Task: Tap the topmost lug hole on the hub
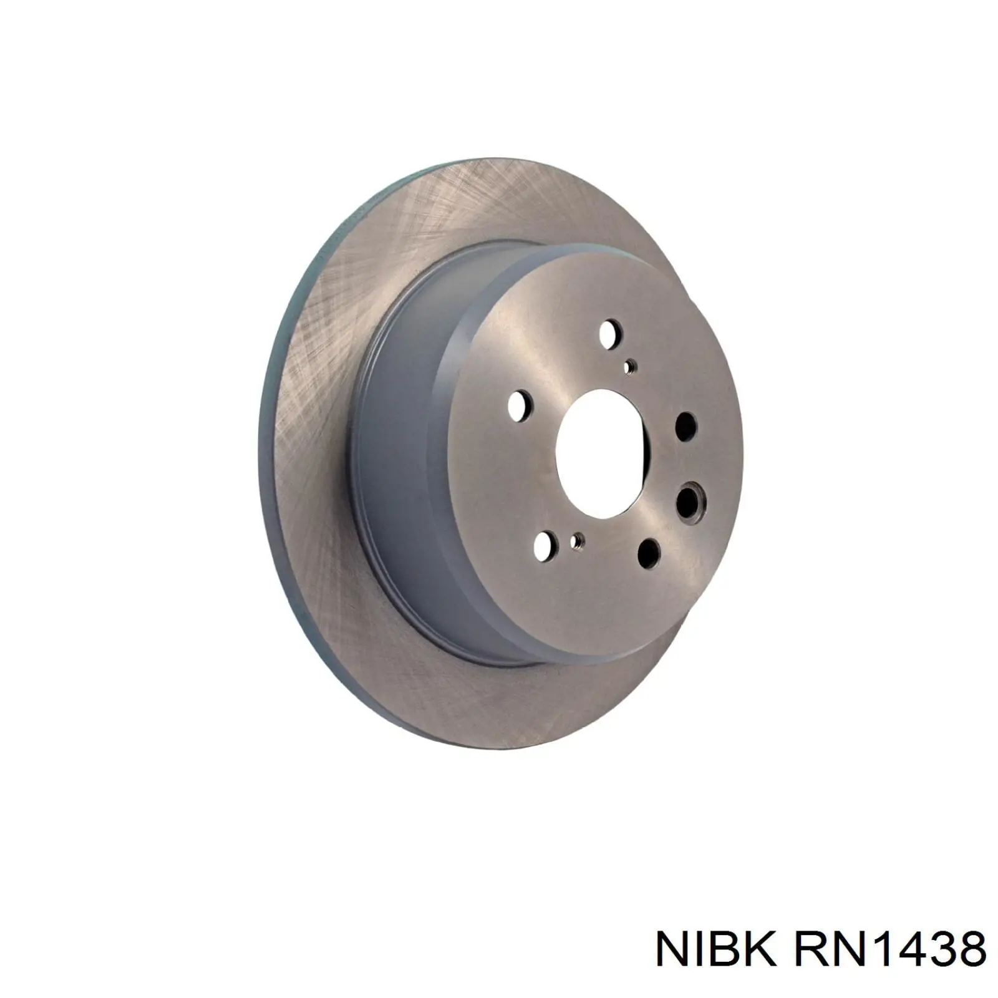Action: click(610, 334)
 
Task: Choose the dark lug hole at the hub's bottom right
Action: click(649, 553)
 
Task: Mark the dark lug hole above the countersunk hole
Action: click(686, 426)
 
